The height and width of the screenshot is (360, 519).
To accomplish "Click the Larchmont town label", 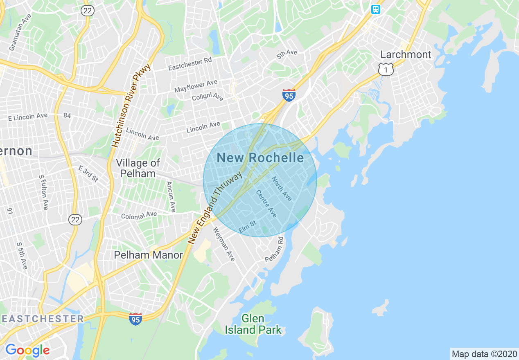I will pos(406,54).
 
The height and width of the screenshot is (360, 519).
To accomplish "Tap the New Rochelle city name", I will pos(260,157).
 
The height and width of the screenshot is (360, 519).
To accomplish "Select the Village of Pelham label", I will pos(138,168).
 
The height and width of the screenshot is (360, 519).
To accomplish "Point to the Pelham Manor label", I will pos(148,255).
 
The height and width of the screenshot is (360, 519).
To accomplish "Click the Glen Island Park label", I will pos(253,324).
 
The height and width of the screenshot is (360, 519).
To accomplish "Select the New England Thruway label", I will pos(215,208).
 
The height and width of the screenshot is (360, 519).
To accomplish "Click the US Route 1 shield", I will pos(386,69).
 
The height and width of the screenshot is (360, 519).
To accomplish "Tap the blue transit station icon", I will pos(375,9).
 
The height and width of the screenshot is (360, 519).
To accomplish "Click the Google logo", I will pos(27,350).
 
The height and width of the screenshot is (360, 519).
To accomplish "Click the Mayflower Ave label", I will pos(196,86).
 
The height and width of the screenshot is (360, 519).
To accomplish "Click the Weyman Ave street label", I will pos(223,244).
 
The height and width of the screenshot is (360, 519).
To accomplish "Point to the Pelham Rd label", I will pos(274,250).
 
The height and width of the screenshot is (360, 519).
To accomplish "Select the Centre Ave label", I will pos(266,204).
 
